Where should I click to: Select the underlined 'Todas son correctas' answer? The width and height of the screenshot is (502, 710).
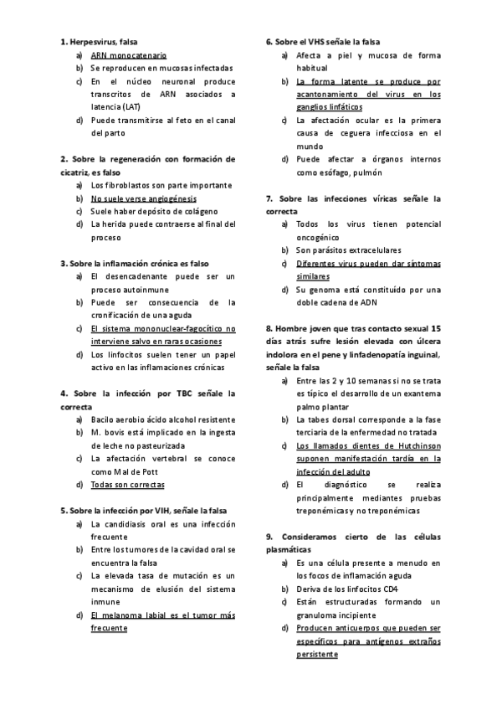pyautogui.click(x=127, y=484)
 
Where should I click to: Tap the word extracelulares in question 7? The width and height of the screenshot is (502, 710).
pyautogui.click(x=366, y=250)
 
